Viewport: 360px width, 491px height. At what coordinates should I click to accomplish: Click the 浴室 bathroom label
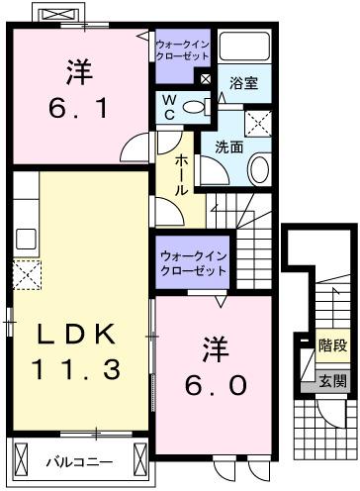[x=244, y=83]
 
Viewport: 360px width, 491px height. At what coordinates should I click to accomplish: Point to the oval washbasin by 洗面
[x=260, y=169]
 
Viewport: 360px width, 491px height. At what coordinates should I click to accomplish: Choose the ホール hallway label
[x=184, y=173]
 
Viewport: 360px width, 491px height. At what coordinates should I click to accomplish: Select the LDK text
[x=76, y=335]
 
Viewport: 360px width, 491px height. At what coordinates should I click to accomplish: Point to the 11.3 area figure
[x=76, y=370]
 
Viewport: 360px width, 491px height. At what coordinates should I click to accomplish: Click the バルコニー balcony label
[x=79, y=462]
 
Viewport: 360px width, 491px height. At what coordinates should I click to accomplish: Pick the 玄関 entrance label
[x=332, y=380]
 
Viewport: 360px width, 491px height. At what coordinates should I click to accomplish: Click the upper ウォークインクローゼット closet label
[x=182, y=50]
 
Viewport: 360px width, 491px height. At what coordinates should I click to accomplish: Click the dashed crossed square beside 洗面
[x=258, y=125]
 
